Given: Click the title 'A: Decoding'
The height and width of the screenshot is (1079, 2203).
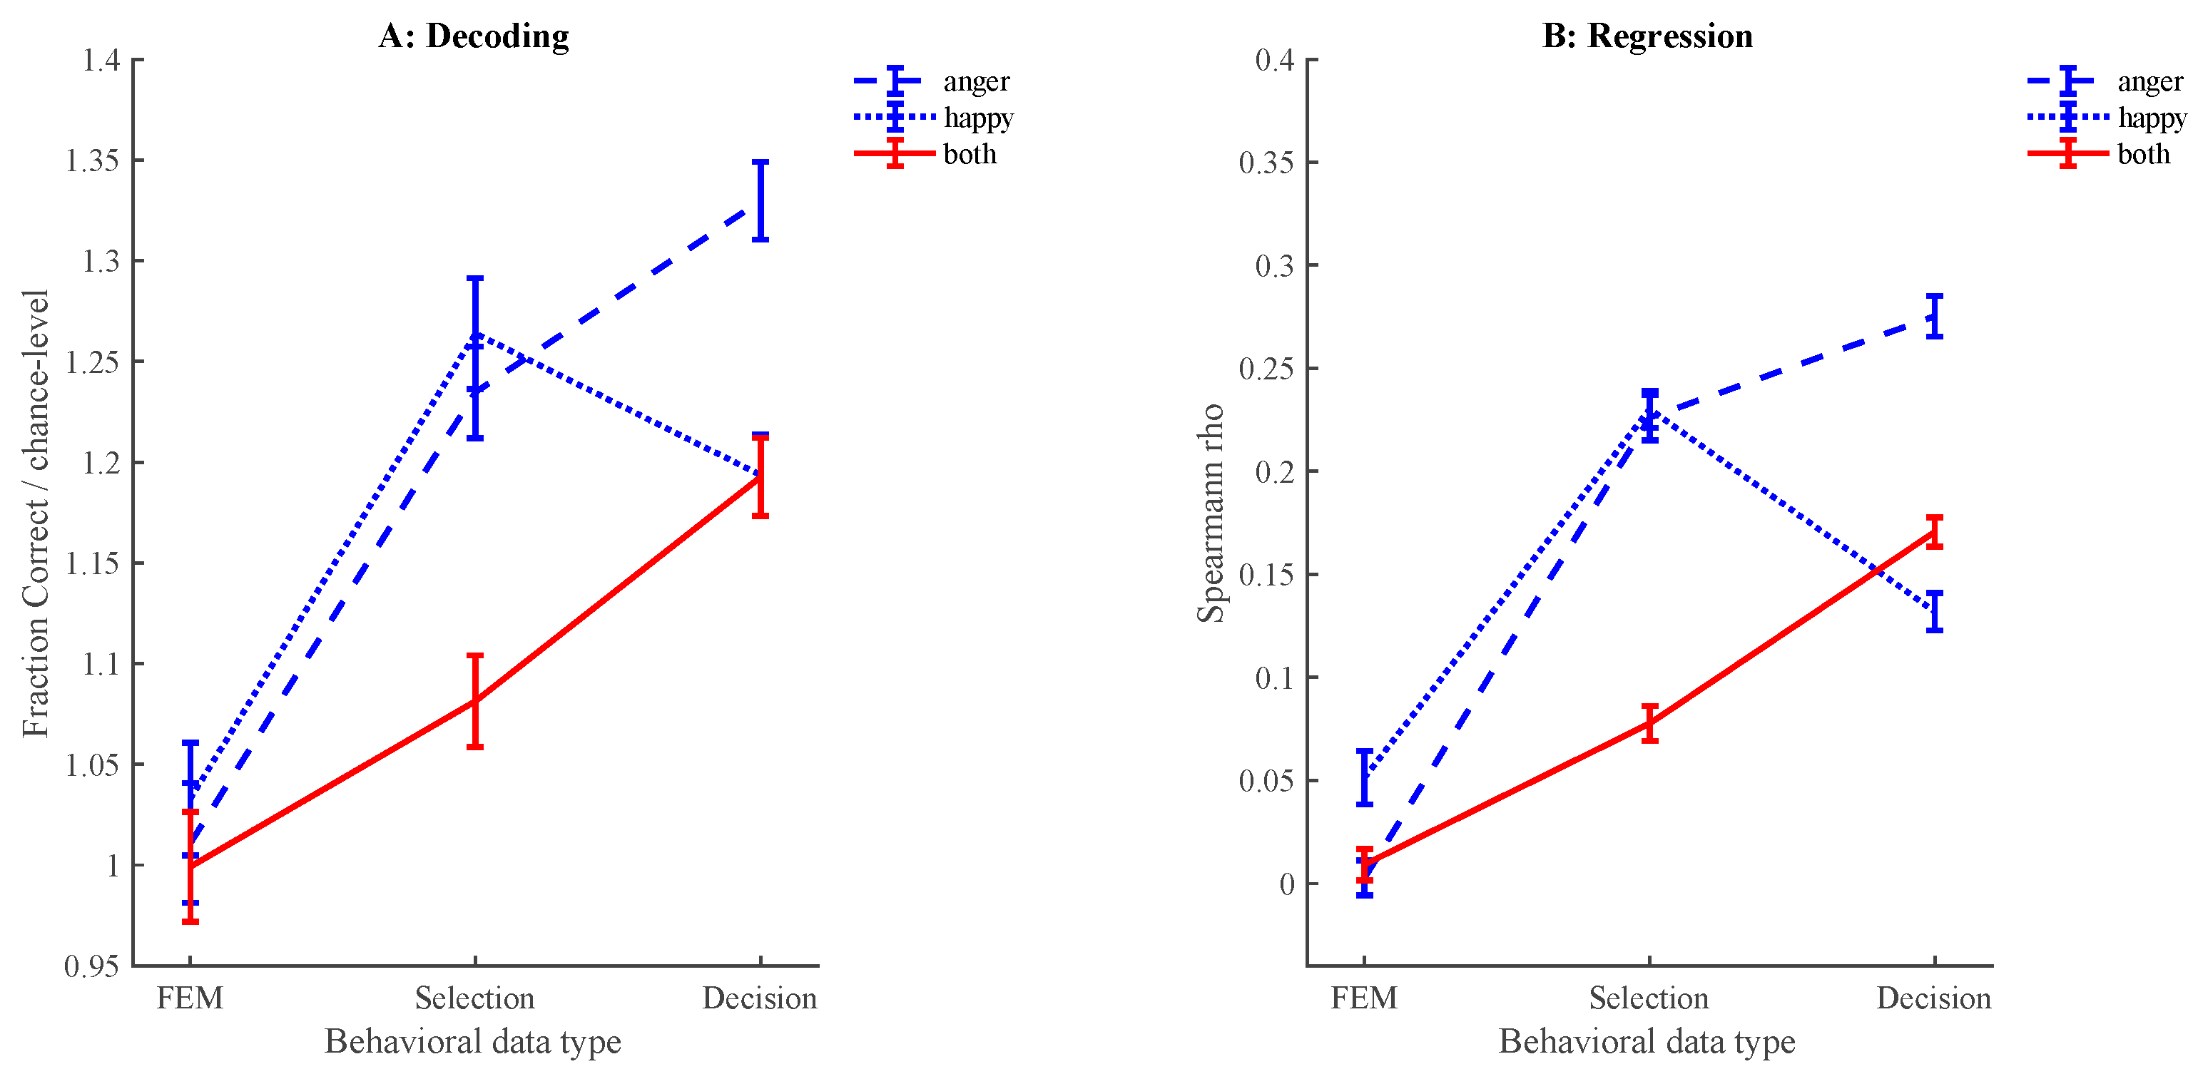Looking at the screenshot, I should (474, 36).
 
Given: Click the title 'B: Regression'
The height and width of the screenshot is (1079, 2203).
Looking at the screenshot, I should (1647, 36).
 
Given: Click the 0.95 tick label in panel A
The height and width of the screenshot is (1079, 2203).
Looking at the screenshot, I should (91, 966).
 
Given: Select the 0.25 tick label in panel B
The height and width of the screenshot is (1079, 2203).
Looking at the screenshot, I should (1266, 369).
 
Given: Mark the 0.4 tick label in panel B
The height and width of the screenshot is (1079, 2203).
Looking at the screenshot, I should (1274, 60).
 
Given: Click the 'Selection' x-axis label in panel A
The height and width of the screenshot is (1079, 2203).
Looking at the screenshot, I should (474, 998).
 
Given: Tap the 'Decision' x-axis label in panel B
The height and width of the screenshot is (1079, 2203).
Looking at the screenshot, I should (1933, 998).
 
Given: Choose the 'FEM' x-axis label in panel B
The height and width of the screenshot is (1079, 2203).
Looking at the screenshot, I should (1364, 998).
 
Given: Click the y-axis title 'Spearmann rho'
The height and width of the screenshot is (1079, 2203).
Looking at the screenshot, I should (1211, 513).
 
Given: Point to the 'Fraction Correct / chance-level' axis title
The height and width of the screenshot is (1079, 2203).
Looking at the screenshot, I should (36, 513).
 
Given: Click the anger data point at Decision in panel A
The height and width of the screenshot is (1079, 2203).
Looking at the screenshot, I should (760, 201).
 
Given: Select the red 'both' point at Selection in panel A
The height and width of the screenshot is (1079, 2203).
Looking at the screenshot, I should (474, 701).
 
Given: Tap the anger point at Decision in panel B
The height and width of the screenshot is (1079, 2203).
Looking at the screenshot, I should (1935, 317).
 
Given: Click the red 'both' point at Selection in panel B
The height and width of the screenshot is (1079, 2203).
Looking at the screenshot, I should (1649, 723).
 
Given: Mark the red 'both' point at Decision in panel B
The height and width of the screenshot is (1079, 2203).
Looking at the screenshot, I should (1935, 532).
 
